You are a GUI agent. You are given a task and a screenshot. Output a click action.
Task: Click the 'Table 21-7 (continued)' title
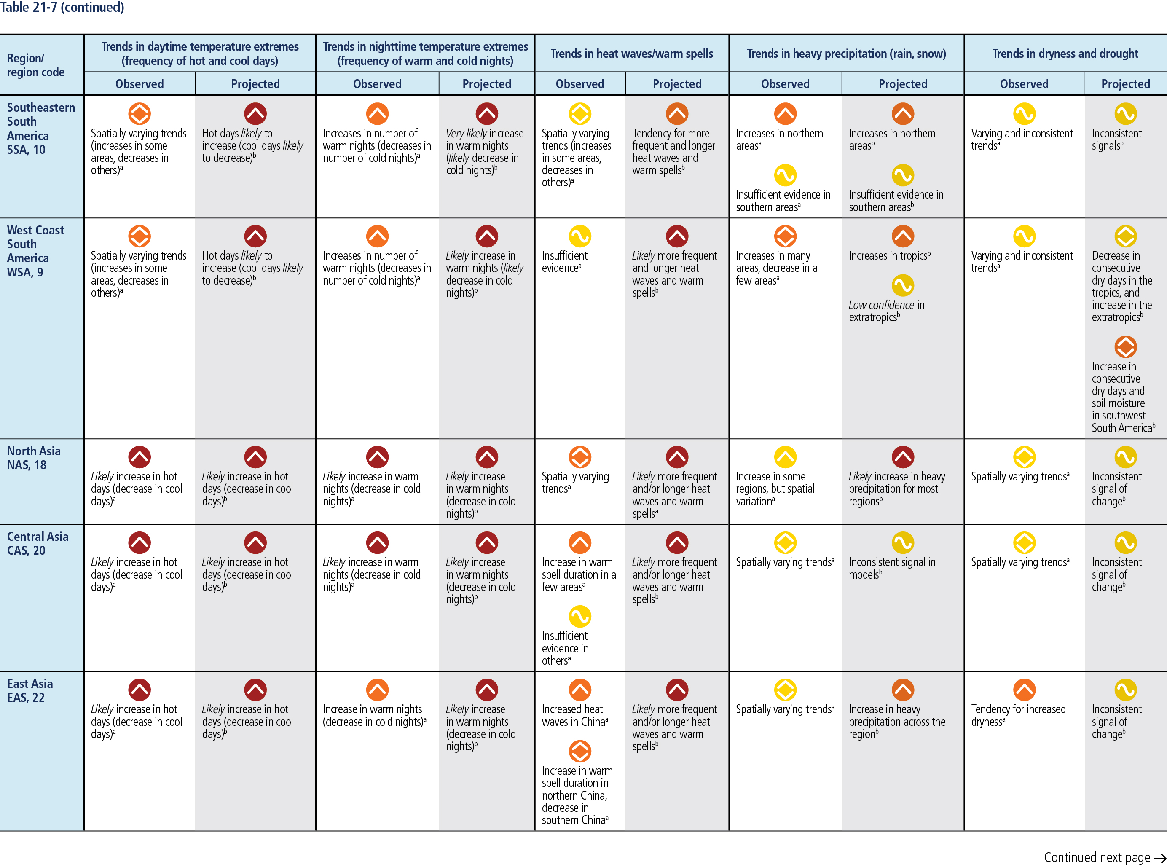coord(62,7)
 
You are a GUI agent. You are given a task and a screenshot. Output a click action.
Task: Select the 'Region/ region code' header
coord(36,65)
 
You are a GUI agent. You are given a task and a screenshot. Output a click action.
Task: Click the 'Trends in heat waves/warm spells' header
coord(631,54)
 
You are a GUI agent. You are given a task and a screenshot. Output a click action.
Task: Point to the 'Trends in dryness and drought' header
coord(1065,54)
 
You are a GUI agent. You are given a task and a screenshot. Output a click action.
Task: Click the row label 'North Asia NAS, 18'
coord(34,458)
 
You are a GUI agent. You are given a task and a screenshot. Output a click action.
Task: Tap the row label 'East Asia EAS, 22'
coord(30,690)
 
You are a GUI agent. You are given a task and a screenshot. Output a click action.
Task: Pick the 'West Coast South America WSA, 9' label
coord(35,251)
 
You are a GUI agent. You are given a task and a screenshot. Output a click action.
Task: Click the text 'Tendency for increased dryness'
coord(1018,715)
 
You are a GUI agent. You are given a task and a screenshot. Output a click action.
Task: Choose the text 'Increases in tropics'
coord(889,255)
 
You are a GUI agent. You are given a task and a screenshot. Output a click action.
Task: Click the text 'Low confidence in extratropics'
coord(886,311)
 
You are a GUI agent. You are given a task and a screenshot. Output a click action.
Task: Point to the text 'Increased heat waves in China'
coord(574,715)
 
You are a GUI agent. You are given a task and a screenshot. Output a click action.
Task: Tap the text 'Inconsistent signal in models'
coord(891,568)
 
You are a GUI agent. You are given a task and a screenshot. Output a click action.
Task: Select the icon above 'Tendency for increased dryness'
coord(1024,690)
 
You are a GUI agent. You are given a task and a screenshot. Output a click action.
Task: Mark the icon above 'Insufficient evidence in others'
coord(580,617)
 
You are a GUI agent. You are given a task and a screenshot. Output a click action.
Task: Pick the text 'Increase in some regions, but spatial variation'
coord(775,489)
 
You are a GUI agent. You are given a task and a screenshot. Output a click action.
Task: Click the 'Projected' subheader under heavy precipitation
coord(902,84)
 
